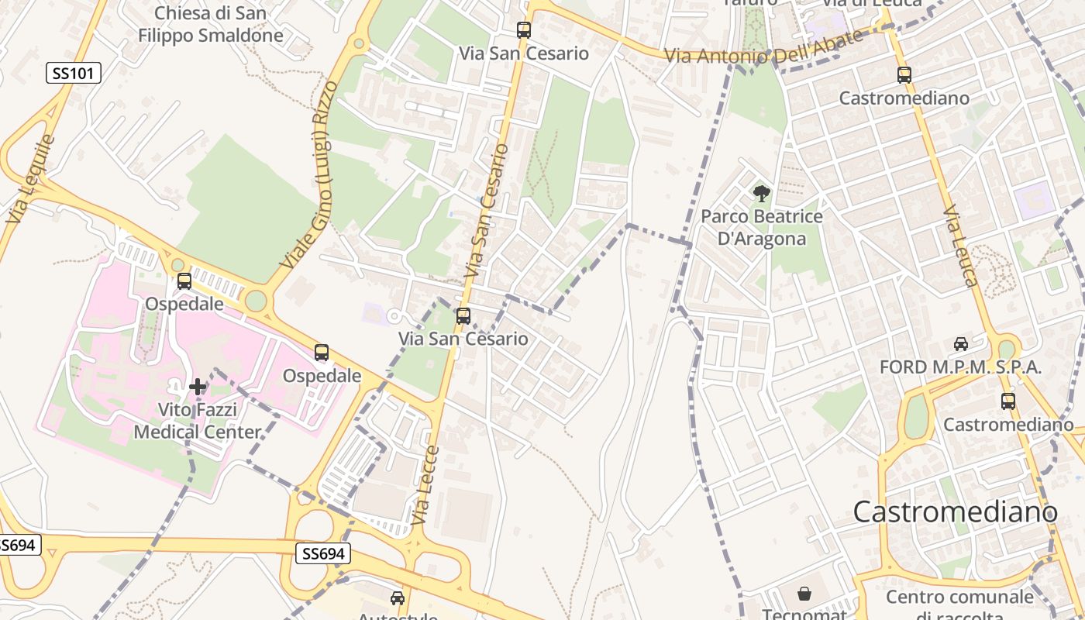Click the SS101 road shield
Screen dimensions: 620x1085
pyautogui.click(x=74, y=74)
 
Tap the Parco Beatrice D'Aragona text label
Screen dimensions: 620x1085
pyautogui.click(x=761, y=227)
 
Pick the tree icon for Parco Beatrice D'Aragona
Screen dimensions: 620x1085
pyautogui.click(x=761, y=194)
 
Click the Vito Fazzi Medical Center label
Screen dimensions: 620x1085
pyautogui.click(x=198, y=420)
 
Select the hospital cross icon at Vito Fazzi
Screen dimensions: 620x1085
pyautogui.click(x=198, y=386)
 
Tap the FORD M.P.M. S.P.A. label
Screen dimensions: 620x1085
pyautogui.click(x=960, y=367)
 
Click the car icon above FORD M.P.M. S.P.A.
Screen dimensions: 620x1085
pyautogui.click(x=960, y=343)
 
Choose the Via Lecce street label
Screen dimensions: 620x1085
pyautogui.click(x=425, y=486)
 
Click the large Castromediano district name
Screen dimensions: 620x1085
pyautogui.click(x=955, y=512)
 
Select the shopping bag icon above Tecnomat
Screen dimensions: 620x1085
pyautogui.click(x=804, y=594)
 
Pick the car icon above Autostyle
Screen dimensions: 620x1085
pyautogui.click(x=397, y=598)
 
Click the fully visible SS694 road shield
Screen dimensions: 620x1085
pyautogui.click(x=323, y=553)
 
